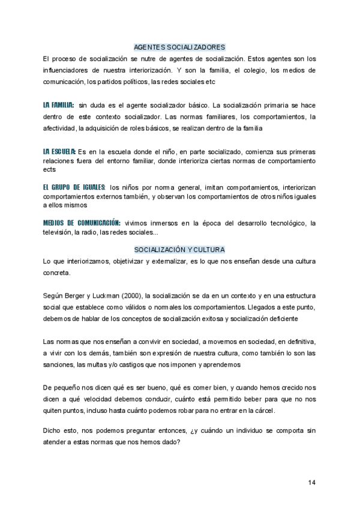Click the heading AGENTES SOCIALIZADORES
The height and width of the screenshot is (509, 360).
179,47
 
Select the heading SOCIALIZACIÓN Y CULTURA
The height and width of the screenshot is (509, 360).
179,249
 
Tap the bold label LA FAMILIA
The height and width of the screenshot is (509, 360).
58,104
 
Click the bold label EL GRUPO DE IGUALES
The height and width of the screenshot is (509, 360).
74,187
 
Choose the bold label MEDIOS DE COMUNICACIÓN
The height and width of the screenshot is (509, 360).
82,223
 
